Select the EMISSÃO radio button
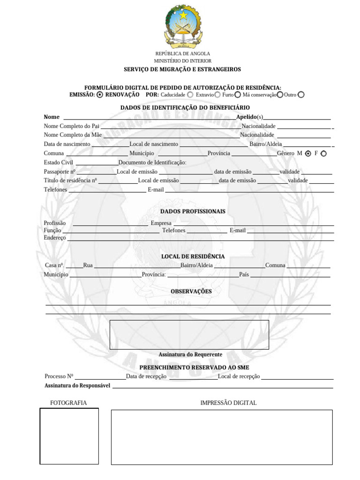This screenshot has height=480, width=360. [100, 95]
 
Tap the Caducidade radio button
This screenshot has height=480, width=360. [190, 95]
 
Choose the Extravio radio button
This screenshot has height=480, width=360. [217, 95]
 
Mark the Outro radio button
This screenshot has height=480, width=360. [301, 95]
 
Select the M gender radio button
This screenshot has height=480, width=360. [308, 153]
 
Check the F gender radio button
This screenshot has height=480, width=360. [324, 153]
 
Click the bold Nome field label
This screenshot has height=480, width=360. [52, 117]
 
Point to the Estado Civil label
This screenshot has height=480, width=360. [59, 163]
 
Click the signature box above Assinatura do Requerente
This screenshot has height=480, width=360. [189, 335]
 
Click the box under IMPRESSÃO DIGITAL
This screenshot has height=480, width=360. [222, 437]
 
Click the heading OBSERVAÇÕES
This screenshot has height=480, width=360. [191, 292]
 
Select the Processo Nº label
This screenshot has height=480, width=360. [59, 376]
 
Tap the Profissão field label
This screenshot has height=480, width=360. [55, 223]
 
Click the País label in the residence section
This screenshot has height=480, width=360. [244, 275]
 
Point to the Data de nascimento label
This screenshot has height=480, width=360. [67, 144]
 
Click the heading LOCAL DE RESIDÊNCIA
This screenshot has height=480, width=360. [193, 256]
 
